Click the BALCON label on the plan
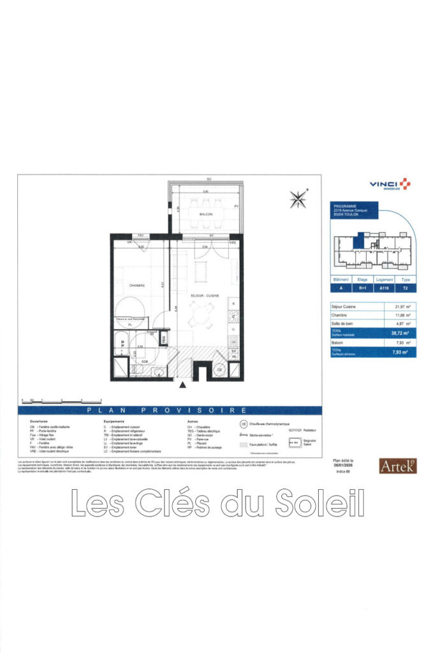205,214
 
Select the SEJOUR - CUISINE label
204,296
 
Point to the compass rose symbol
298,199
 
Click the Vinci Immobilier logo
390,184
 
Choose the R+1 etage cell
363,288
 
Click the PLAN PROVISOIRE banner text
167,410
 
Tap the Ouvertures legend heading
39,422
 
